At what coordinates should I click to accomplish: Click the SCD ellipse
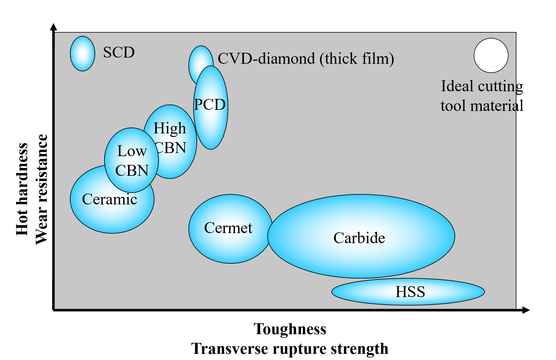[x=82, y=54]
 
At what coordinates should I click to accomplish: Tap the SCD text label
[x=119, y=53]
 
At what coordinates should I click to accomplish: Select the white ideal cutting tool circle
[x=491, y=56]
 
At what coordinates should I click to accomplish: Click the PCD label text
[x=210, y=105]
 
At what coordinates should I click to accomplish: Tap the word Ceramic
[x=110, y=199]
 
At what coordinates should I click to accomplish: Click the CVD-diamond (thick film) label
[x=306, y=59]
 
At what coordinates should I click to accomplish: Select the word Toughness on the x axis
[x=290, y=329]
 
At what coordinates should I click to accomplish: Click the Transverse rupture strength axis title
[x=290, y=349]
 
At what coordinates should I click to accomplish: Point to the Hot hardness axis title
[x=22, y=189]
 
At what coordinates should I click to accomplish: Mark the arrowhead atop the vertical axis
[x=53, y=27]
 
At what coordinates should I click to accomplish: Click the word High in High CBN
[x=170, y=128]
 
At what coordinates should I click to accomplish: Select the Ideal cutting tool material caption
[x=482, y=96]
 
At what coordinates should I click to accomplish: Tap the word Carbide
[x=359, y=238]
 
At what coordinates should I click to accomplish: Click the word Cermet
[x=228, y=228]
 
